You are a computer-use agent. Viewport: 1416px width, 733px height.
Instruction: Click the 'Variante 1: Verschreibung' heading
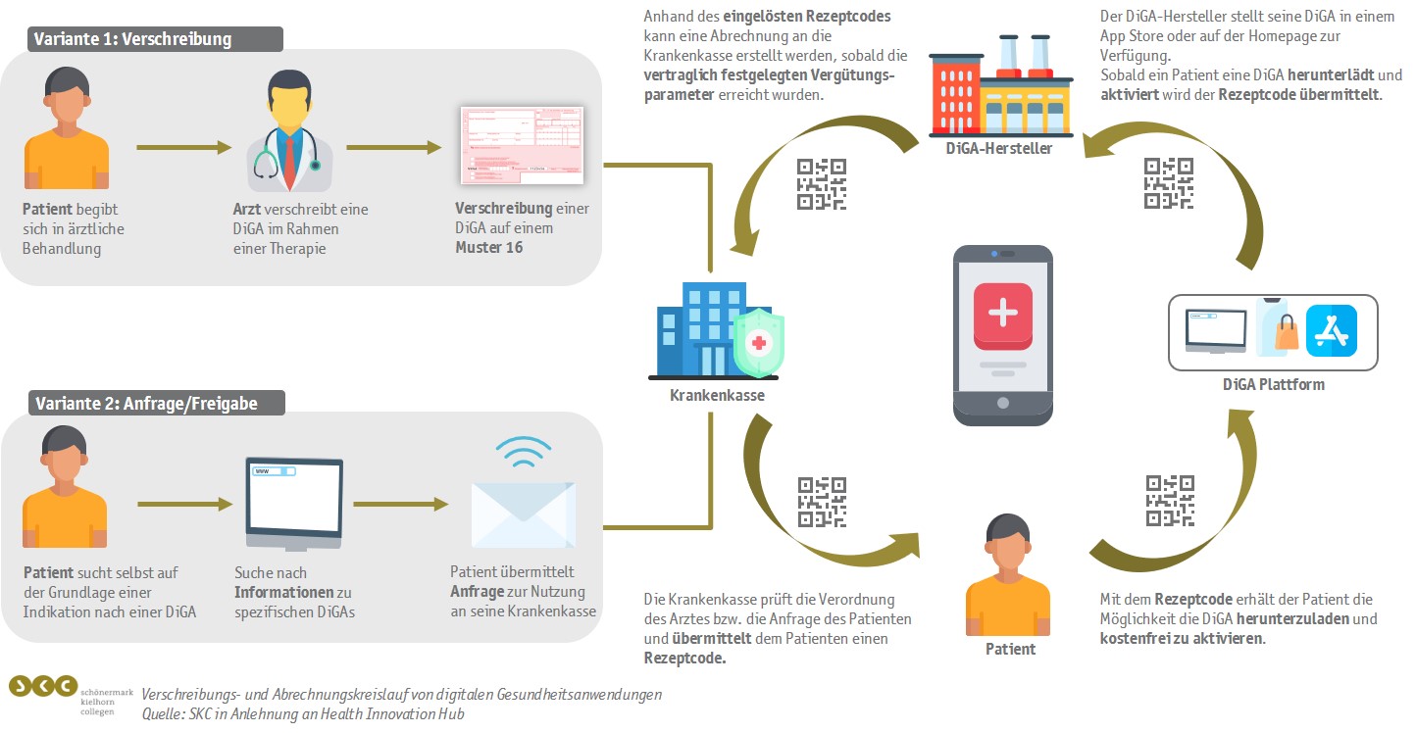[x=132, y=39]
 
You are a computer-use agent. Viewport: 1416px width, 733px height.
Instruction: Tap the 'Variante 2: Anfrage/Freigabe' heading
[x=145, y=403]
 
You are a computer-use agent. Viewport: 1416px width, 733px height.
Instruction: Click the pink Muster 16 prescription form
[x=522, y=146]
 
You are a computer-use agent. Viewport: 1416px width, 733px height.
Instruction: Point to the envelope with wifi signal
[x=523, y=495]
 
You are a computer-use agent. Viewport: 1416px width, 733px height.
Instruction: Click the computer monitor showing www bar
[x=293, y=503]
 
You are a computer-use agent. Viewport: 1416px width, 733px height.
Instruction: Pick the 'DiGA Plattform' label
[x=1273, y=384]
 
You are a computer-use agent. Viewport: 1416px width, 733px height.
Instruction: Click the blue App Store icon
[x=1332, y=331]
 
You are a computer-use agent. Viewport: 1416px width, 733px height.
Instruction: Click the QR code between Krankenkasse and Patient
[x=822, y=501]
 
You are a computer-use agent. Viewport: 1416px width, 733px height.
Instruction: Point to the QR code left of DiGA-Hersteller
[x=822, y=184]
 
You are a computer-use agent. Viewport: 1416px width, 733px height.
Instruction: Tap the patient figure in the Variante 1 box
[x=67, y=132]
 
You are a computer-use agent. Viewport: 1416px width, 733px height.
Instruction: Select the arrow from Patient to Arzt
[x=183, y=148]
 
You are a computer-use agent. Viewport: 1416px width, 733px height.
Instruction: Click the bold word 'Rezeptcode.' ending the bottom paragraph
[x=685, y=659]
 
